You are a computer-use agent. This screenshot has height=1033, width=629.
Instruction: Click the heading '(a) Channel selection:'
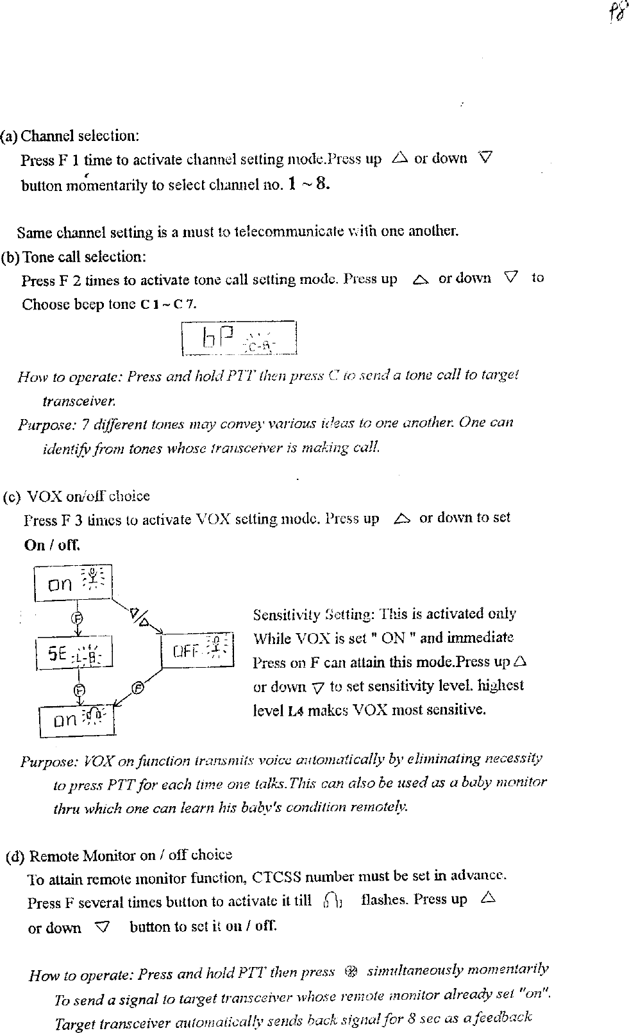(x=71, y=136)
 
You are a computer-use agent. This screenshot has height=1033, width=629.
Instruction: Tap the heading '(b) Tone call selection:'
(x=74, y=257)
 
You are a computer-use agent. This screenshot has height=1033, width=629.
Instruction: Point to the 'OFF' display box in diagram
(x=197, y=650)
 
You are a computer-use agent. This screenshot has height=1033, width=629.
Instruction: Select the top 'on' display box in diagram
(x=72, y=583)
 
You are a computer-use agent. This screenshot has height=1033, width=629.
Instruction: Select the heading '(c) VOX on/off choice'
(x=76, y=497)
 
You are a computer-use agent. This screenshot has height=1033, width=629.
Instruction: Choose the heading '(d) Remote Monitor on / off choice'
(x=119, y=855)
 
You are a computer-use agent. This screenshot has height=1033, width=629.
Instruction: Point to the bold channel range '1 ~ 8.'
(x=308, y=185)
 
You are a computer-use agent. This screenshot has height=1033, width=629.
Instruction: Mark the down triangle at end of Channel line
(x=485, y=157)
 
